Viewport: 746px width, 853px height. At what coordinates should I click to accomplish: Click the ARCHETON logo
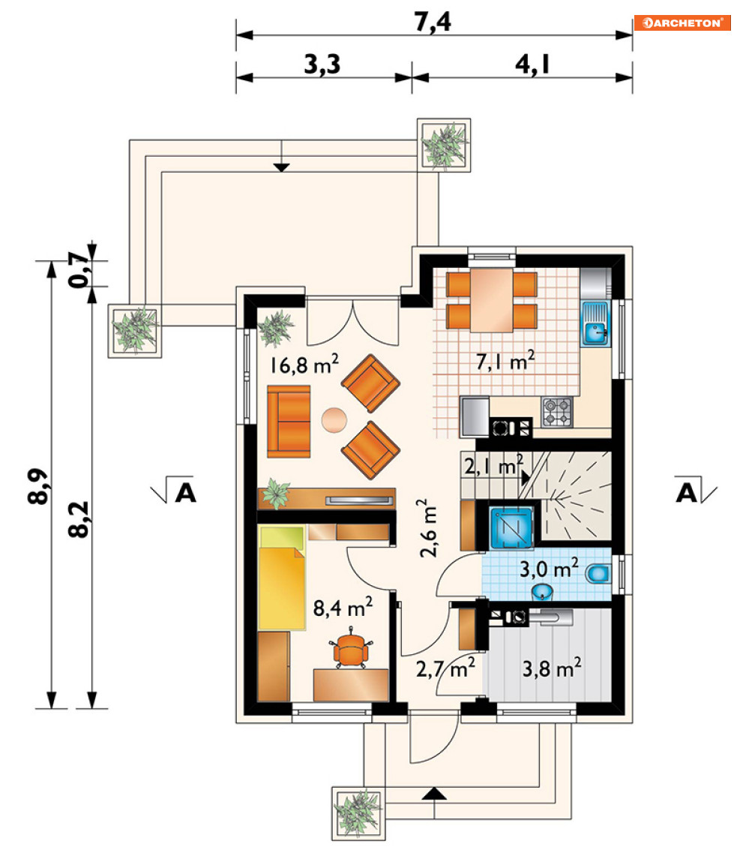(x=682, y=23)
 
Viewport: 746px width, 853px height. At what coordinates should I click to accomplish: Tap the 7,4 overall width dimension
(x=433, y=23)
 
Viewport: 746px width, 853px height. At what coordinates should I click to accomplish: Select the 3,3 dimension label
(x=322, y=65)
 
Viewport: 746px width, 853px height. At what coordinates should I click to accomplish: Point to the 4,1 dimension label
(x=533, y=65)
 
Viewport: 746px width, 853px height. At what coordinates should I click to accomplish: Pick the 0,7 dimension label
(x=78, y=269)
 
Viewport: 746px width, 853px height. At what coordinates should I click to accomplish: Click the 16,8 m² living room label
(x=304, y=364)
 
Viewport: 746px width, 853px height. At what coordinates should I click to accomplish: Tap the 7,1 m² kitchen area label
(x=505, y=360)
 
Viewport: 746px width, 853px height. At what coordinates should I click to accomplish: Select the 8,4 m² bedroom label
(x=343, y=607)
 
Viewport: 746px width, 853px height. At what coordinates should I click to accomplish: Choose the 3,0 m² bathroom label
(x=549, y=569)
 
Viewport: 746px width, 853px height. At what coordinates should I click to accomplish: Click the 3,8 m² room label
(x=552, y=668)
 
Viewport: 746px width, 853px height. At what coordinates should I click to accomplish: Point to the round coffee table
(x=334, y=421)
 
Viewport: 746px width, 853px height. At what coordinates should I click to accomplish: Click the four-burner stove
(x=557, y=412)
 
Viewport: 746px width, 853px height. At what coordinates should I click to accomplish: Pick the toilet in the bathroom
(x=599, y=574)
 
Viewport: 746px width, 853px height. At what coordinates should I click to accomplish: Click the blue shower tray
(x=511, y=527)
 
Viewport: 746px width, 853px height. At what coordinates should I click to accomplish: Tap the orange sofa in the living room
(x=289, y=422)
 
